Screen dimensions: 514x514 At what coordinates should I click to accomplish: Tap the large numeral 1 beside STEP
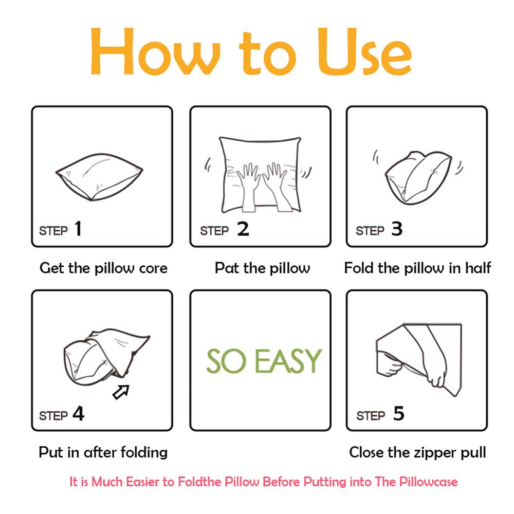pos(78,229)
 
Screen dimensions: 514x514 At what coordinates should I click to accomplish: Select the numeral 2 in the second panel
pos(243,229)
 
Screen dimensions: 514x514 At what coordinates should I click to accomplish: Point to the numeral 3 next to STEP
pos(397,229)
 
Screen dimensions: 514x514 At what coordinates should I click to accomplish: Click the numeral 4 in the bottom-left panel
pos(78,413)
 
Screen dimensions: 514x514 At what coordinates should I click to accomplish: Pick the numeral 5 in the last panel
pos(399,413)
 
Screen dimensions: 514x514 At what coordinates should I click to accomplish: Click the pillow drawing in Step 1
pos(99,177)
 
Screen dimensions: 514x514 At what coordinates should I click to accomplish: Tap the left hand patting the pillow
pos(248,187)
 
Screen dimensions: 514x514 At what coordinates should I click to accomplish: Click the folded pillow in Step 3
pos(418,177)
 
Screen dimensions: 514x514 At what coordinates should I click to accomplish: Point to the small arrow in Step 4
pos(121,392)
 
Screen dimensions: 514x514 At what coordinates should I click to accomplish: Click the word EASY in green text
pos(288,361)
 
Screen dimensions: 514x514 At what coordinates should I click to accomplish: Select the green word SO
pos(226,361)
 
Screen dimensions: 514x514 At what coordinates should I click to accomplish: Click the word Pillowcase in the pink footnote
pos(428,482)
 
